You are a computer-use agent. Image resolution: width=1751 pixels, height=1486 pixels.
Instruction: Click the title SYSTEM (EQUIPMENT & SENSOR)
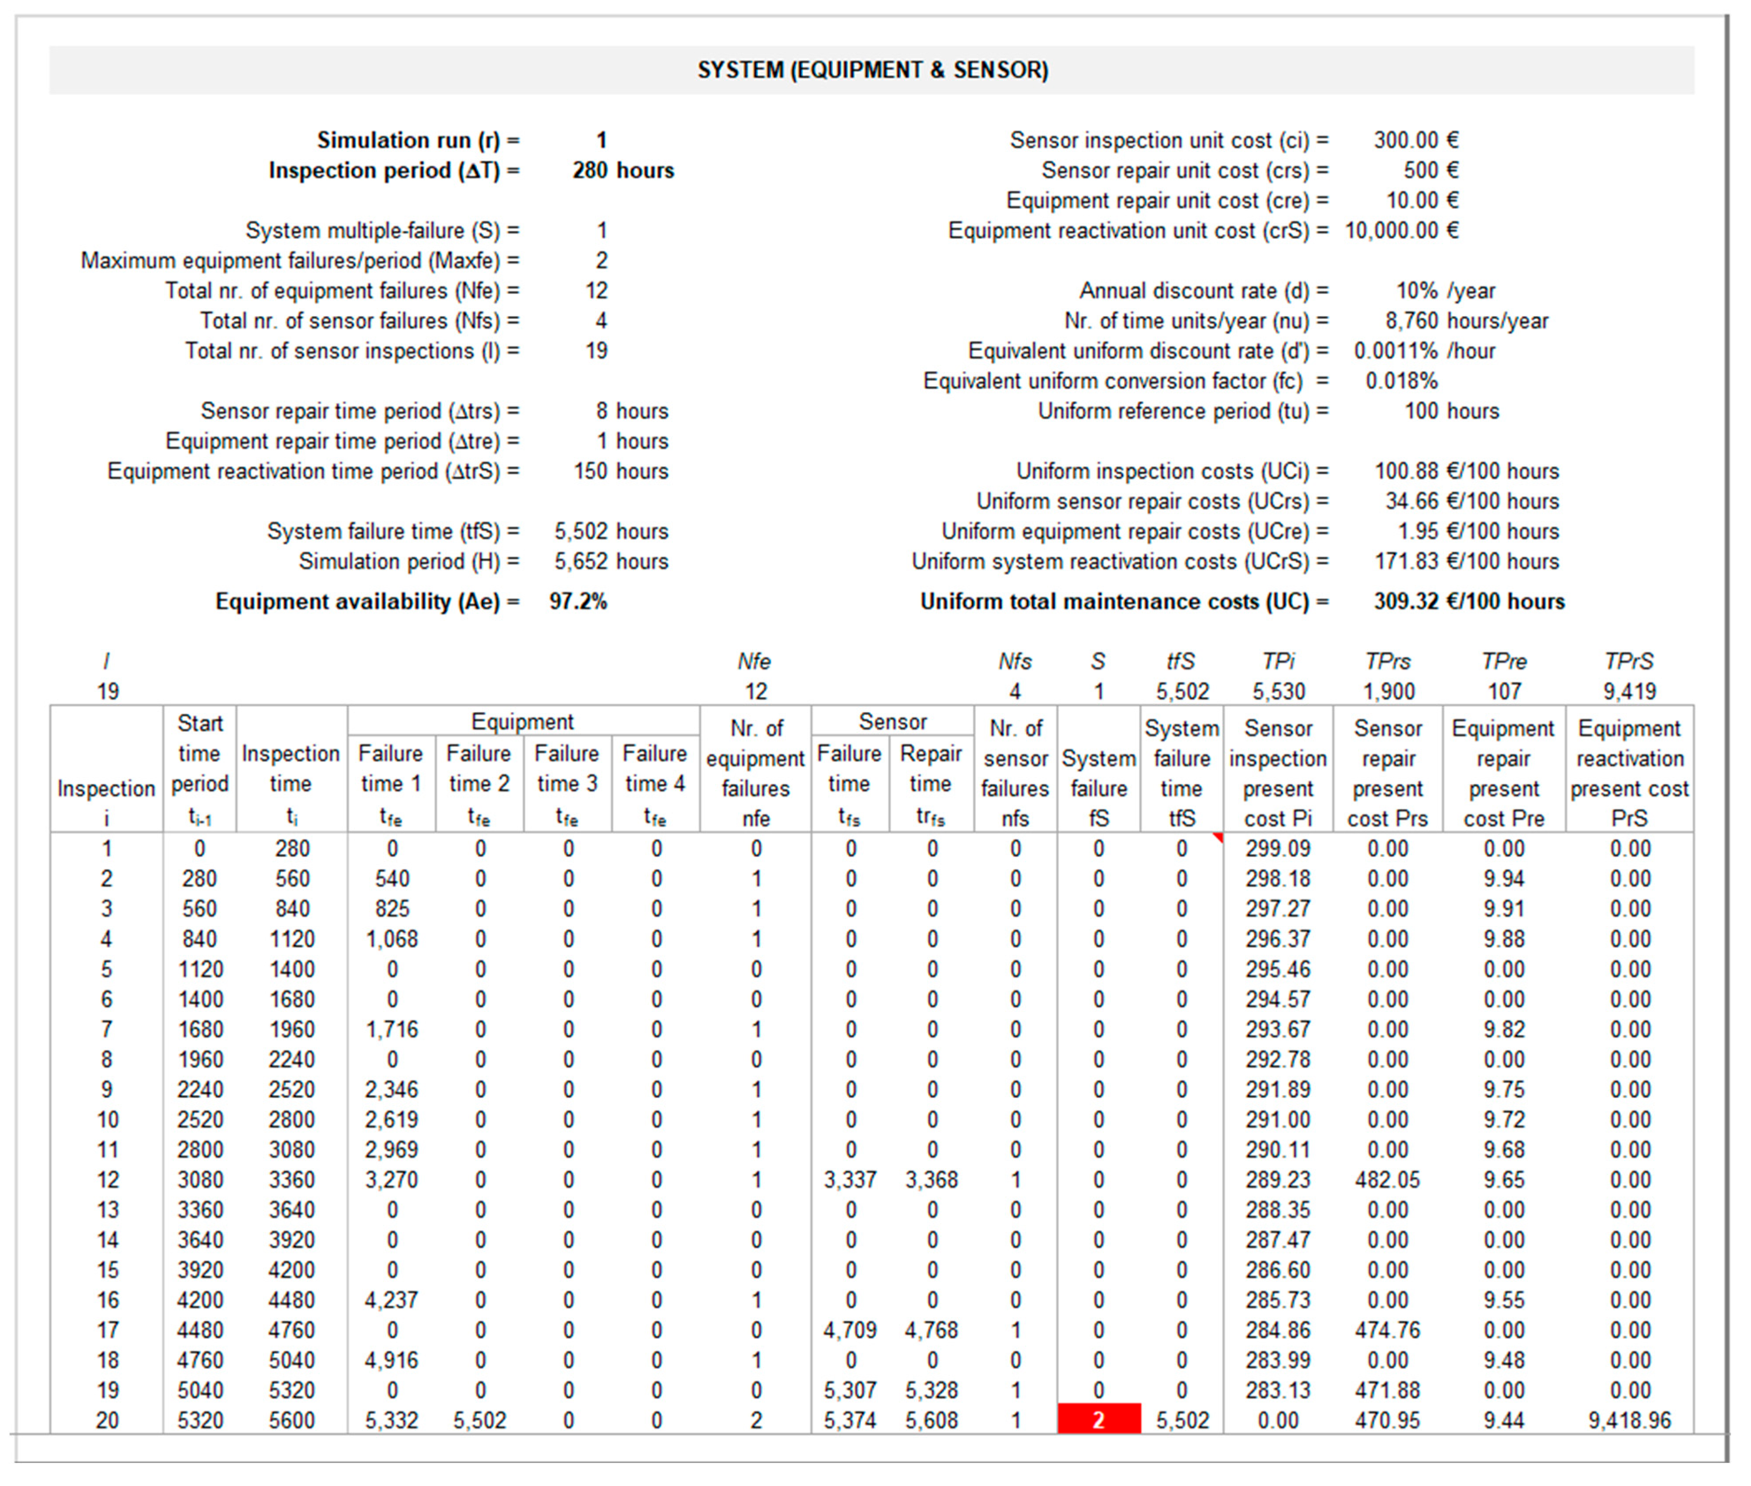[872, 70]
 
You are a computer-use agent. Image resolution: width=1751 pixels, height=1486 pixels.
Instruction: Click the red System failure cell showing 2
[1098, 1420]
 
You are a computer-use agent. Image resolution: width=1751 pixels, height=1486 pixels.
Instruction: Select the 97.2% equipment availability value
[578, 601]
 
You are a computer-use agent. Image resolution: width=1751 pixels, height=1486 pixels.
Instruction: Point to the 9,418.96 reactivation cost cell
[1629, 1420]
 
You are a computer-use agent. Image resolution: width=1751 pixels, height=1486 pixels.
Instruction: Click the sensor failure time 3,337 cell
[850, 1179]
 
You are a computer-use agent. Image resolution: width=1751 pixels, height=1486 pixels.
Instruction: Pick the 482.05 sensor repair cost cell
[1387, 1179]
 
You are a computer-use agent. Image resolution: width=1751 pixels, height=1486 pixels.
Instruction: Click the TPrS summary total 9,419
[1629, 692]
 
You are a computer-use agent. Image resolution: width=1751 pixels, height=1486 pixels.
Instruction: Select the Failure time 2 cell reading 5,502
[479, 1420]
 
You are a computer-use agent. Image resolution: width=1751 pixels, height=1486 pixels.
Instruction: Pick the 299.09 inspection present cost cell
[1278, 849]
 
